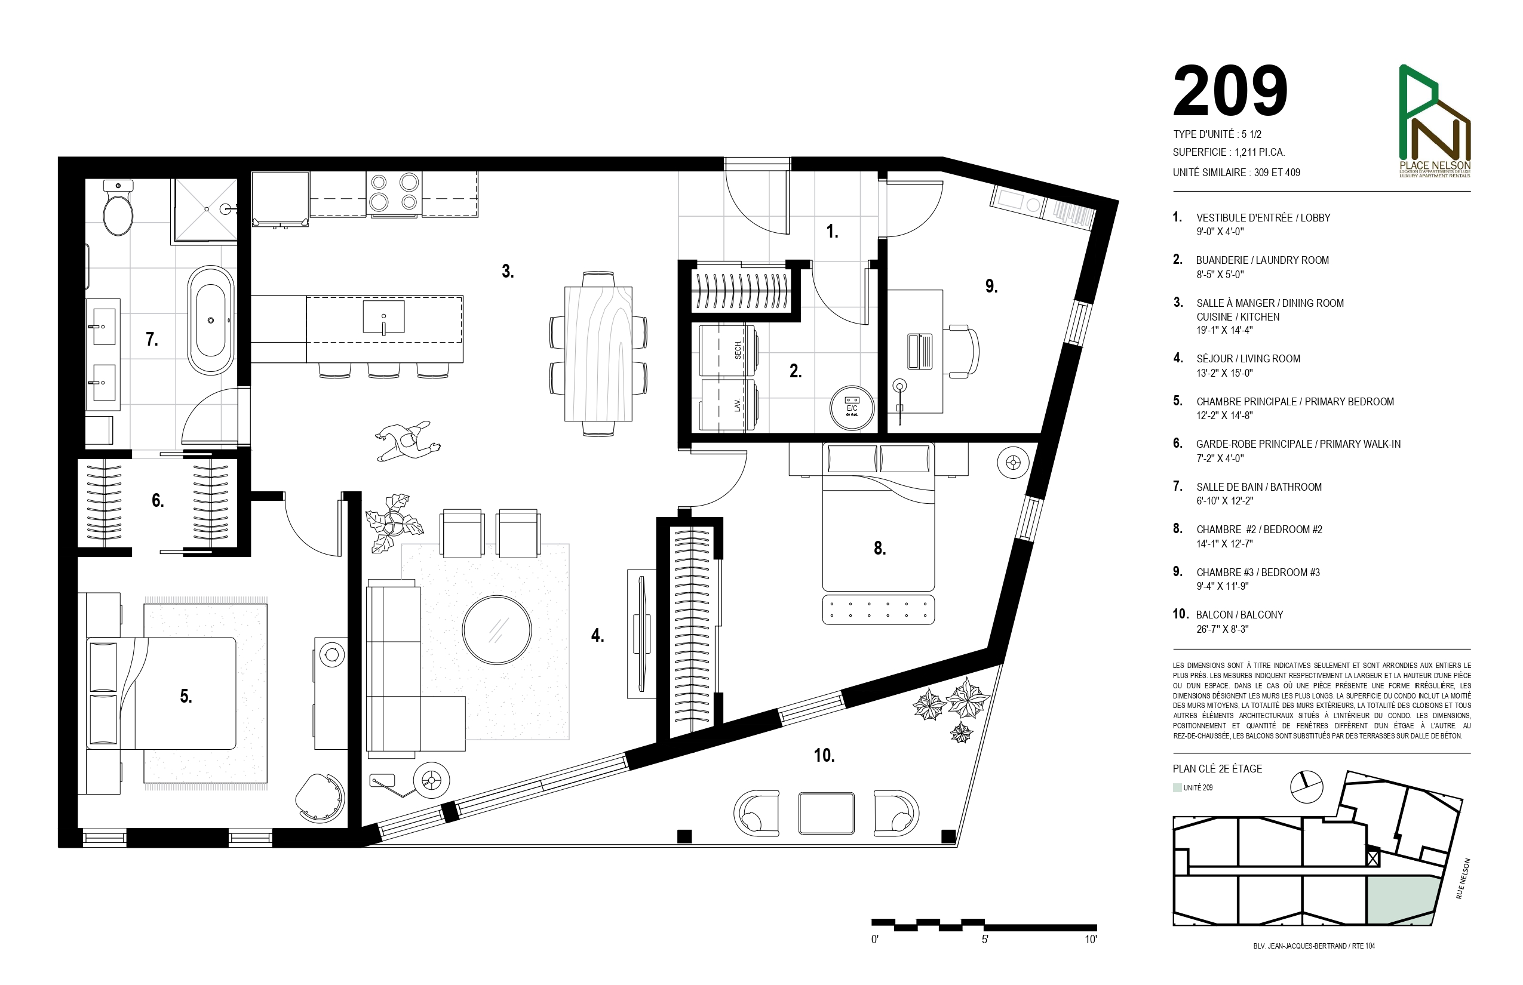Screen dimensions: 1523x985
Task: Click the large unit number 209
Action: pos(1230,91)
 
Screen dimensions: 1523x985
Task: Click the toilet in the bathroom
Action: pos(118,207)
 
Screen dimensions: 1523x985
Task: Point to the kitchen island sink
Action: pos(383,316)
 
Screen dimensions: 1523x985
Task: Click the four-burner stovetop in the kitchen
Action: pos(394,192)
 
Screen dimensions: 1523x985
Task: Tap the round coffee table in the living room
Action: pos(496,630)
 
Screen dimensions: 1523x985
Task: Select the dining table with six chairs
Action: pos(598,353)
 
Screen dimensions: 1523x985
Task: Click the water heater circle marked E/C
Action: pos(852,407)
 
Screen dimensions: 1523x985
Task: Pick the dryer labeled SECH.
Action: pos(728,350)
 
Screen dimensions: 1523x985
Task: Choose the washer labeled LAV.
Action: pos(728,405)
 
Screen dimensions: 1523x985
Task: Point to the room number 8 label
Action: pos(880,548)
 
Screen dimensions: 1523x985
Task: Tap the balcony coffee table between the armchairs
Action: pos(826,813)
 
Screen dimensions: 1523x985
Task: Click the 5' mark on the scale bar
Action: pos(985,939)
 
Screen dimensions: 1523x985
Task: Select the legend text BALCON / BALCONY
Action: pos(1239,615)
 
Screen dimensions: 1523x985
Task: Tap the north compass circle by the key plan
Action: pos(1306,787)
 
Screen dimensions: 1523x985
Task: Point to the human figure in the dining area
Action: pos(407,441)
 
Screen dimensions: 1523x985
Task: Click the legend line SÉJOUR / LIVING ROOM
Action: pos(1248,359)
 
